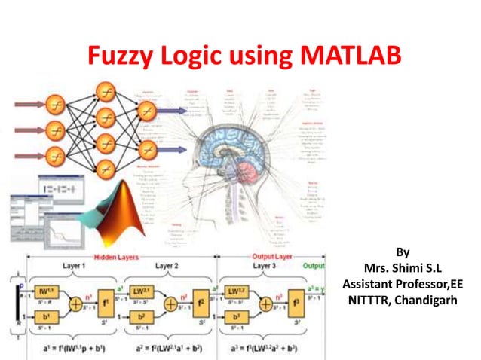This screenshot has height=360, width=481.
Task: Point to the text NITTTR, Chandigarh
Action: [396, 298]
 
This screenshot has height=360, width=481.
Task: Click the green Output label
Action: [314, 265]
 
